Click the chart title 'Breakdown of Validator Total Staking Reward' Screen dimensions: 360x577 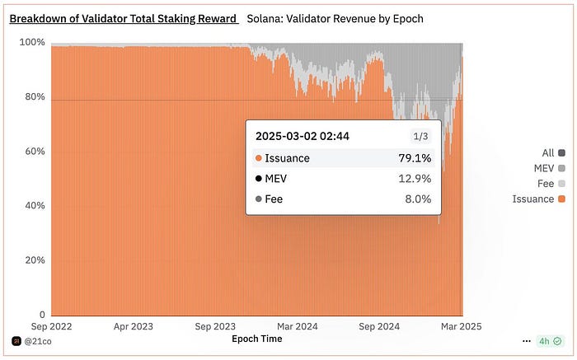pyautogui.click(x=123, y=18)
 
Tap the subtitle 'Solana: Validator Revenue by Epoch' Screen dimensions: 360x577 pyautogui.click(x=335, y=18)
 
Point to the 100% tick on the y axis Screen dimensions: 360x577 pyautogui.click(x=32, y=43)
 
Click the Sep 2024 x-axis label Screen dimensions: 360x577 pyautogui.click(x=380, y=325)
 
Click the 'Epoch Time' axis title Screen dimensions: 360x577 pyautogui.click(x=256, y=339)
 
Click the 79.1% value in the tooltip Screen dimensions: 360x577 pyautogui.click(x=416, y=158)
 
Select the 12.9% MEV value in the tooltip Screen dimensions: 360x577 pyautogui.click(x=416, y=179)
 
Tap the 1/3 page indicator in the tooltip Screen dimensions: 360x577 pyautogui.click(x=421, y=137)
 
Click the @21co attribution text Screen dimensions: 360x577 pyautogui.click(x=39, y=340)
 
